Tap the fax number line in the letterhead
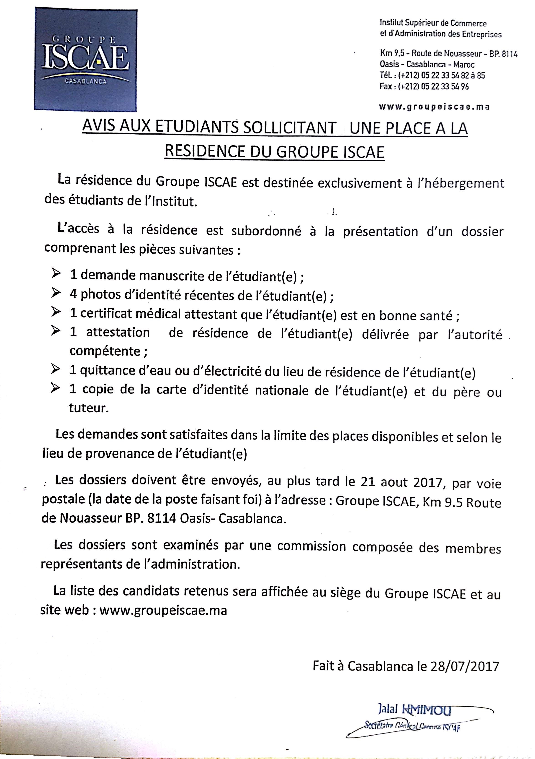click(x=424, y=87)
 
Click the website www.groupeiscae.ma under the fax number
click(x=434, y=107)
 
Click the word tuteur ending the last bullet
click(x=88, y=408)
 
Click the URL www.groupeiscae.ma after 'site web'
click(x=163, y=610)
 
